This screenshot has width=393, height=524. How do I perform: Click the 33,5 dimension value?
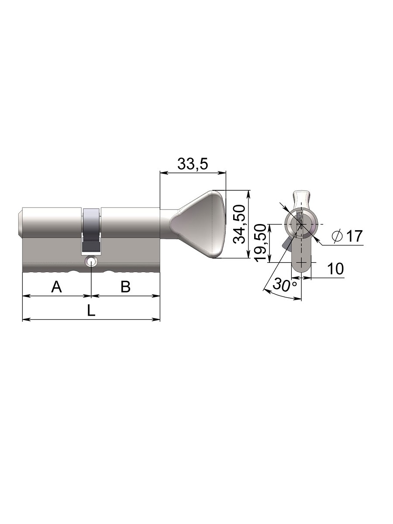click(x=193, y=164)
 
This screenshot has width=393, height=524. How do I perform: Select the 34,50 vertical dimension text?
click(x=240, y=224)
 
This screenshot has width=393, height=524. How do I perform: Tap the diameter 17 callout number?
click(x=354, y=236)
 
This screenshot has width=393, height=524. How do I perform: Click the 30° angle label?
click(x=285, y=285)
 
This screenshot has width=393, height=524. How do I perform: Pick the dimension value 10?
click(x=335, y=269)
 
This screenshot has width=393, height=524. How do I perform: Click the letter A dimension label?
click(x=57, y=286)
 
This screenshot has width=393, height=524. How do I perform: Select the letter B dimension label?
click(x=125, y=286)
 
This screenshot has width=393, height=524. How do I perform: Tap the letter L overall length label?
click(x=91, y=310)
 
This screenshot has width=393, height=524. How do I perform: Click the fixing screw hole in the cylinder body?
click(x=91, y=262)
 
